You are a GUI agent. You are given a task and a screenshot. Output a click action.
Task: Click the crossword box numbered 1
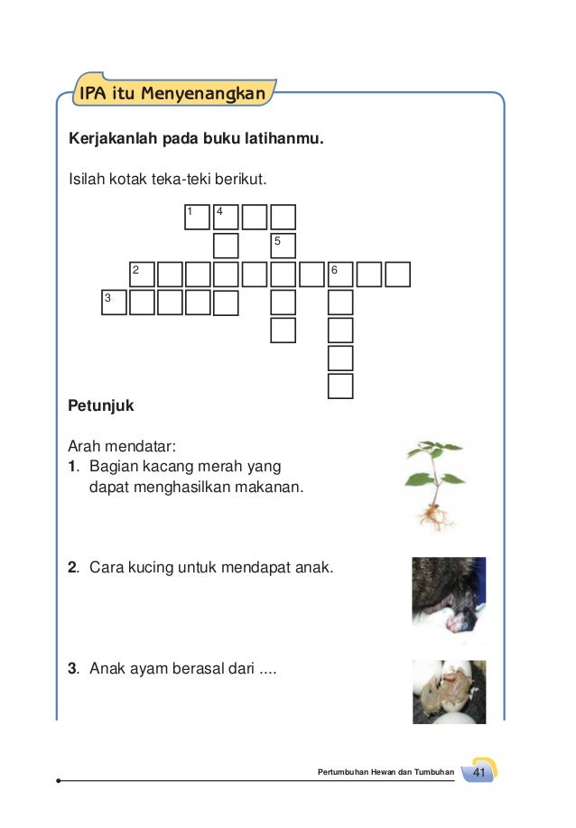(197, 217)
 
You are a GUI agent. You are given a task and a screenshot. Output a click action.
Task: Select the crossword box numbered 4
(226, 217)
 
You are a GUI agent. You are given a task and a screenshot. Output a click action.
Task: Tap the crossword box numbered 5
(283, 246)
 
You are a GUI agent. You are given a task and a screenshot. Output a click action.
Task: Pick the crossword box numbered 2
(142, 274)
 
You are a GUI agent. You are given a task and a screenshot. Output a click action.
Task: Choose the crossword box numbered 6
(340, 274)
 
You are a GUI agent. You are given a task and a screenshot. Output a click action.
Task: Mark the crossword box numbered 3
(113, 302)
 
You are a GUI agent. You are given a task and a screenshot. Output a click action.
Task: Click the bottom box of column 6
(340, 386)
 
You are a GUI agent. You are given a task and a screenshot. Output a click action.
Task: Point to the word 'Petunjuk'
(101, 406)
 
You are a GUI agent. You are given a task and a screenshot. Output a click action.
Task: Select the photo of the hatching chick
(449, 692)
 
